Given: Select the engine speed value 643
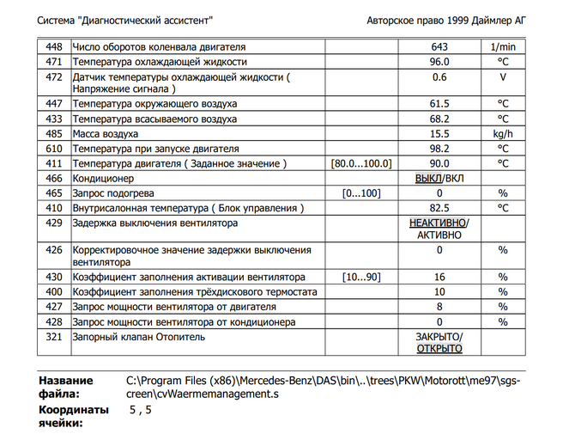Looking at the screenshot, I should [x=440, y=46].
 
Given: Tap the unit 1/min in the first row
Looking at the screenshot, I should [x=504, y=46].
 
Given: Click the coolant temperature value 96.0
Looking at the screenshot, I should [x=440, y=62].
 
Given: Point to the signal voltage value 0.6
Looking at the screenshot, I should [x=440, y=77].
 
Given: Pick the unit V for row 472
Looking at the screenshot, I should [x=504, y=77].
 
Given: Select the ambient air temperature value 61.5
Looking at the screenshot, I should [x=440, y=104].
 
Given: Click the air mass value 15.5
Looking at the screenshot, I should [x=440, y=134].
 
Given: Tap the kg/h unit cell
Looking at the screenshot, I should [x=504, y=134].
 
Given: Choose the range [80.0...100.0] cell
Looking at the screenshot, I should [x=361, y=163].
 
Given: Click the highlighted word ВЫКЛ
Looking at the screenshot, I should [x=427, y=178].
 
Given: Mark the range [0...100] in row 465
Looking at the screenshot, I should [x=361, y=193].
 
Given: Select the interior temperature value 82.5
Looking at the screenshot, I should [x=440, y=208].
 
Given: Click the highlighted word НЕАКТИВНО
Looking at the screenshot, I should [x=438, y=223].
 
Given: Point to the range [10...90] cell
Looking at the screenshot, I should [x=361, y=278].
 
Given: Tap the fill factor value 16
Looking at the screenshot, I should [x=440, y=278].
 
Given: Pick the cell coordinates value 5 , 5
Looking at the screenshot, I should [x=139, y=411].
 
